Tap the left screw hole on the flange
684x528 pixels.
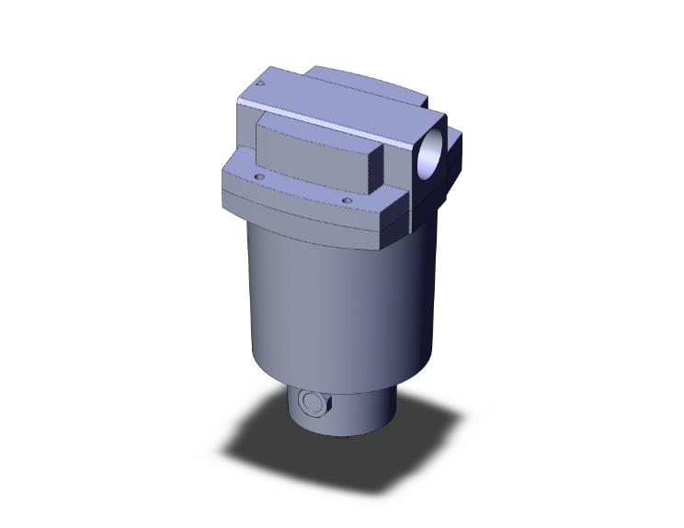tap(259, 174)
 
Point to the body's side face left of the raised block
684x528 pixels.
tap(246, 129)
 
